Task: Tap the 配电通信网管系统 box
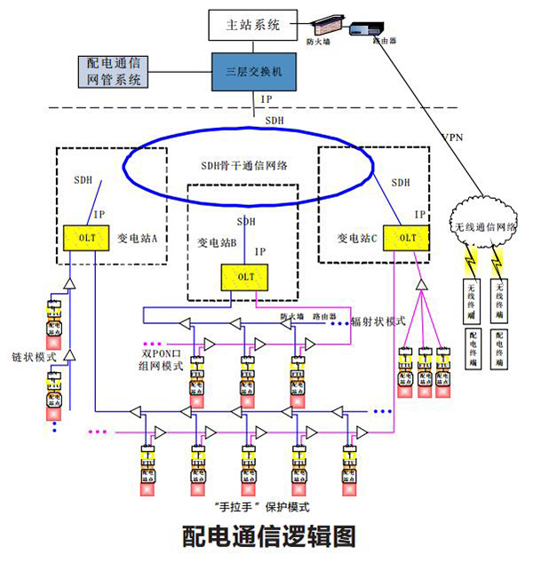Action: (113, 72)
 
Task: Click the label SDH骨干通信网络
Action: (246, 166)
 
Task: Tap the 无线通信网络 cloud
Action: (481, 225)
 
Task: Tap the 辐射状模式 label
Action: (378, 320)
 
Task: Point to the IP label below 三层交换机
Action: (266, 99)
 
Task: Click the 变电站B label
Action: (217, 241)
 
